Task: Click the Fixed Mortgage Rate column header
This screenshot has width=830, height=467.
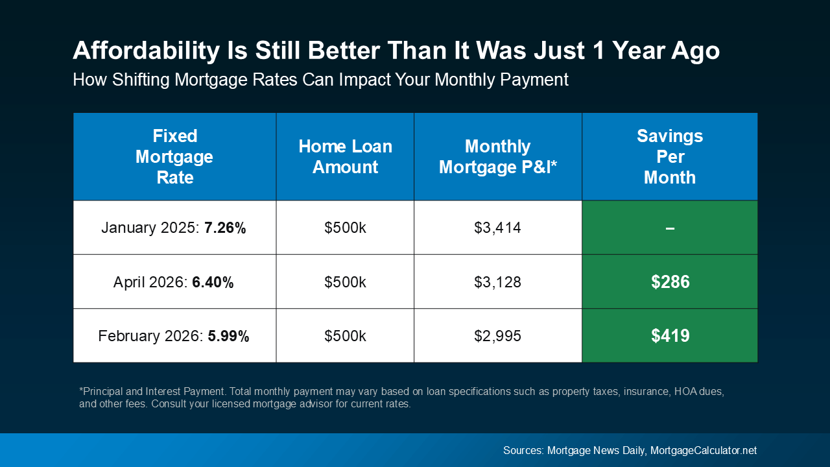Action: [174, 156]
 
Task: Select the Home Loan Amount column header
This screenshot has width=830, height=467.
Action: [345, 156]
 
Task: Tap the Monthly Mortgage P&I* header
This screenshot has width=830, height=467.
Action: [497, 156]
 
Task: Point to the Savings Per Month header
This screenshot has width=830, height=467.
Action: [669, 156]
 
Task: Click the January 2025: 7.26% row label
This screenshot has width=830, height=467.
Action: [174, 228]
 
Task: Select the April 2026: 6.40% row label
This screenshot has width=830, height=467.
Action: [174, 282]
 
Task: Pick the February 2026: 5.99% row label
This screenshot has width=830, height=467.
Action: [174, 336]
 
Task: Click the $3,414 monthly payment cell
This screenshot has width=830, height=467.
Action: [497, 228]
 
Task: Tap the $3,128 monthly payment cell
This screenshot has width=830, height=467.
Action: [497, 282]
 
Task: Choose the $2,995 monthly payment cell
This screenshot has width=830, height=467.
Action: [497, 336]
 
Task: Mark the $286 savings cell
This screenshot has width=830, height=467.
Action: [670, 282]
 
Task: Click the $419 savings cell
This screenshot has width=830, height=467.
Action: [670, 336]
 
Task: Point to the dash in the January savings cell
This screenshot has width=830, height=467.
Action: [670, 228]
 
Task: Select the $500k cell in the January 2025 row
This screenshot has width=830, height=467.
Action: [345, 228]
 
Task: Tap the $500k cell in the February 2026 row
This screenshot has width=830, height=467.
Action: [345, 336]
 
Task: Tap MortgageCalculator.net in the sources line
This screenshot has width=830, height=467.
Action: [703, 450]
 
